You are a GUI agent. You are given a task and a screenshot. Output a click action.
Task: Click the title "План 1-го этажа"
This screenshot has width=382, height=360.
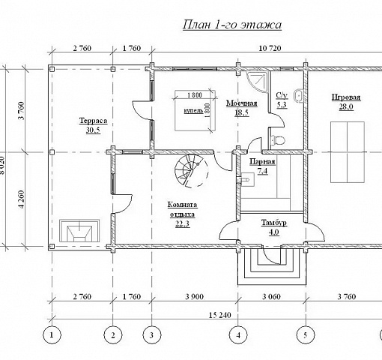point(232,25)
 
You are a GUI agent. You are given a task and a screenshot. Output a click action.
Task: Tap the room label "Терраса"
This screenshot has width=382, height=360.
point(93,121)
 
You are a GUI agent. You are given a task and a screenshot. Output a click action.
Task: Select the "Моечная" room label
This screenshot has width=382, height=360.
point(242,103)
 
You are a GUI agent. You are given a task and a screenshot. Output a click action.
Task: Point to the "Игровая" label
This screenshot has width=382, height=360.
point(346,97)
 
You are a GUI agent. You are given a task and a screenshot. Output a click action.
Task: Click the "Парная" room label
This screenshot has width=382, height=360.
point(262,162)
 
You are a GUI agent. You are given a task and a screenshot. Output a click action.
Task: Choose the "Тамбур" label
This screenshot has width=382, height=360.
point(274,223)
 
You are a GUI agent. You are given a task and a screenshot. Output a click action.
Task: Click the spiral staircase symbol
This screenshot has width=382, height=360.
point(191,170)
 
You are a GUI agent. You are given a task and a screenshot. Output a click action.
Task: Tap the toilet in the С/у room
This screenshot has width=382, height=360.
point(277,140)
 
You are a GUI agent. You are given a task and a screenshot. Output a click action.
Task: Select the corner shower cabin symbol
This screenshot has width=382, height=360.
point(256,81)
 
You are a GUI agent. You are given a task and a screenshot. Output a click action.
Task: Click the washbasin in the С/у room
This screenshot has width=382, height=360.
point(298,96)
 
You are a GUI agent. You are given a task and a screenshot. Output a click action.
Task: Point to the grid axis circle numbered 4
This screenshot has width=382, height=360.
point(238,335)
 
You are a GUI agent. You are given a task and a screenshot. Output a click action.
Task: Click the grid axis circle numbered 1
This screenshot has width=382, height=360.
point(52,335)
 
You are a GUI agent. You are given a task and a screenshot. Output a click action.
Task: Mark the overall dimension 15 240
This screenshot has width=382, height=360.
point(220,315)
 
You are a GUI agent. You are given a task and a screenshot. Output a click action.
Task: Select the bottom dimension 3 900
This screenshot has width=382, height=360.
point(195,297)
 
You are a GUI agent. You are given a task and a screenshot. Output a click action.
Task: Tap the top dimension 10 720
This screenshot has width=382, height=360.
point(270,48)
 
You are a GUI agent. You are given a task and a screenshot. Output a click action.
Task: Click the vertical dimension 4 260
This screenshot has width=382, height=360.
point(22,199)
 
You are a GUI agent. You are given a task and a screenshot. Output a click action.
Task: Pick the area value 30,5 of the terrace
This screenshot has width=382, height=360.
point(93,130)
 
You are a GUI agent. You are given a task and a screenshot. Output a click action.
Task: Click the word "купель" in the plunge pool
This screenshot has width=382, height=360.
point(193,111)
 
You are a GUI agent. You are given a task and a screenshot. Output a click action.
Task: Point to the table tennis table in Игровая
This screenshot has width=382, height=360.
point(348,152)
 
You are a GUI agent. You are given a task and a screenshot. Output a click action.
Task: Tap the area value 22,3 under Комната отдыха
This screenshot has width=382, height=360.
point(182,224)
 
